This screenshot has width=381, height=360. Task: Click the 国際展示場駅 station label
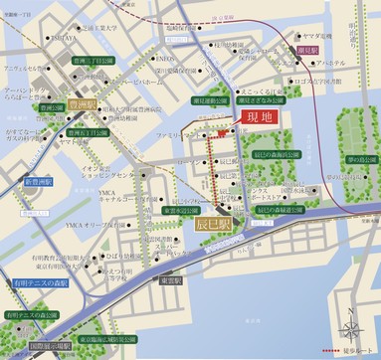pyautogui.click(x=49, y=348)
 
